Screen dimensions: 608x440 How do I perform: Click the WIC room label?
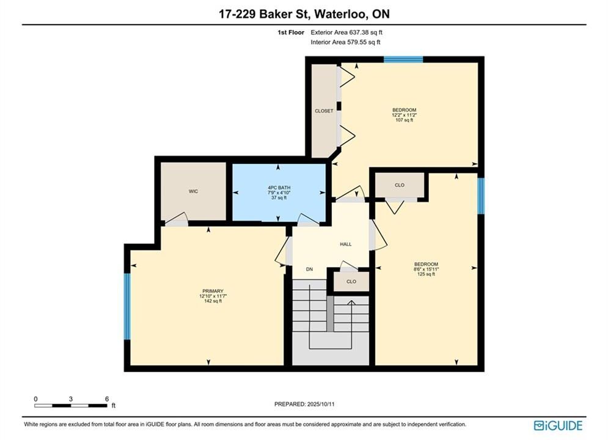193,191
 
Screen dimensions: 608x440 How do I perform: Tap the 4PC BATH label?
279,188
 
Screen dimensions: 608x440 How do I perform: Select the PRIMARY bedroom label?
213,291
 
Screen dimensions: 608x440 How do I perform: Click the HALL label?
345,244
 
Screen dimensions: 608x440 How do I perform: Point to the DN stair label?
309,269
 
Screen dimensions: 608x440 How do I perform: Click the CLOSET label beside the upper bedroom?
324,111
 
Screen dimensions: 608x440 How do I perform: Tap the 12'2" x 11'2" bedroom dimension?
405,115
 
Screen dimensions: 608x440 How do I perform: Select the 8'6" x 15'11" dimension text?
426,269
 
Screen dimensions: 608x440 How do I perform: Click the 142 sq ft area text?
213,301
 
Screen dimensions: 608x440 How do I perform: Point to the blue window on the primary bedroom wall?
127,306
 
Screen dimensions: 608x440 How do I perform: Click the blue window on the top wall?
403,59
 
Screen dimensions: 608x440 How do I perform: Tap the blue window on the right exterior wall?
481,196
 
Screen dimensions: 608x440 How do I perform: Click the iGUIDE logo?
558,425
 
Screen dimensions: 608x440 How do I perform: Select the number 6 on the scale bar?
107,399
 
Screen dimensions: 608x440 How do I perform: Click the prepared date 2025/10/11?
321,404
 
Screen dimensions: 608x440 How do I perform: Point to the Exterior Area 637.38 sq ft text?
346,32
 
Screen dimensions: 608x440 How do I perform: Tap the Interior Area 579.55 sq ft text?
345,42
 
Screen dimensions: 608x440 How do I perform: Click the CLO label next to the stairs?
351,282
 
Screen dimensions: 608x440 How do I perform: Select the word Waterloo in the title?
340,14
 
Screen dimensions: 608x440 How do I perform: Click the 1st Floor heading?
291,32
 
